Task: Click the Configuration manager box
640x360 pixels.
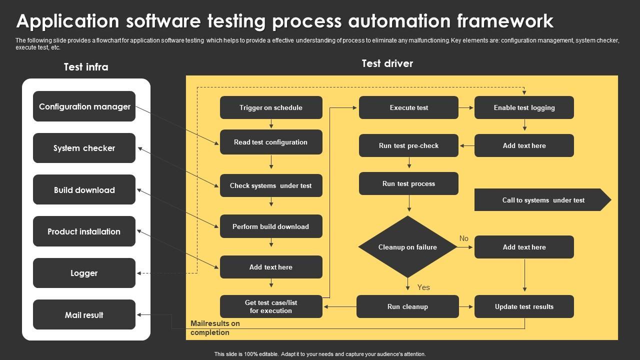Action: [x=84, y=106]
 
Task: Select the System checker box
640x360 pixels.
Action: [x=84, y=148]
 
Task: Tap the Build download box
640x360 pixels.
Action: [x=84, y=190]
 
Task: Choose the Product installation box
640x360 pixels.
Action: [x=84, y=231]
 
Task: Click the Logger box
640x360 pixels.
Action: [x=84, y=273]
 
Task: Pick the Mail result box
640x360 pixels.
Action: [x=84, y=315]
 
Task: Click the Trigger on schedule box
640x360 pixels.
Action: [x=271, y=107]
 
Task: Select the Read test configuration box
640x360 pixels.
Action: [x=271, y=142]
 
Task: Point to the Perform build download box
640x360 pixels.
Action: [x=271, y=226]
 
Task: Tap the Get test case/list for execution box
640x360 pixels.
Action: [x=271, y=306]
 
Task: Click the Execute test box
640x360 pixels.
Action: [x=408, y=107]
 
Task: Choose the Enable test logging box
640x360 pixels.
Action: [x=524, y=107]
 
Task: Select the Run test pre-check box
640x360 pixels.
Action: [x=408, y=145]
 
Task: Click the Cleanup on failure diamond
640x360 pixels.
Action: [x=407, y=247]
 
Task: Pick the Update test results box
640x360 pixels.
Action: [x=524, y=306]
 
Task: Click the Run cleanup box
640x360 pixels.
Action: [x=407, y=306]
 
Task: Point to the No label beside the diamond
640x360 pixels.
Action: [x=464, y=238]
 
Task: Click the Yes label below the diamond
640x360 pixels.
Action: [x=423, y=287]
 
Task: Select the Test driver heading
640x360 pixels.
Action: [x=387, y=63]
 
